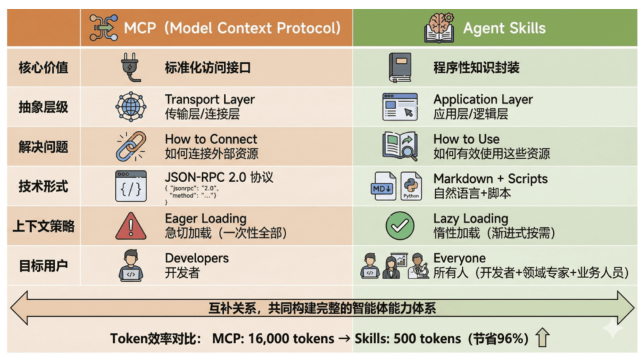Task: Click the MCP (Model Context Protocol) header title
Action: coord(232,28)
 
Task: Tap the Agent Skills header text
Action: coord(504,28)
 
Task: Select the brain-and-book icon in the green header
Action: coord(439,28)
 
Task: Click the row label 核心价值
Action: coord(43,68)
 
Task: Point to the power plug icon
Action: coord(131,67)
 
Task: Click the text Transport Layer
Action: coord(210,100)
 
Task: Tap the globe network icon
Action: coord(131,106)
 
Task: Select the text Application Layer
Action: coord(483,100)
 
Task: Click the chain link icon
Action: coord(131,146)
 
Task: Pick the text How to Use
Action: coord(466,139)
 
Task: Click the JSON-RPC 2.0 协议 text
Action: coord(219,177)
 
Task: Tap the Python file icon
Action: coord(411,186)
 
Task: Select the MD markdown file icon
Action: coord(383,186)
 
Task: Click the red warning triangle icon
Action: coord(131,226)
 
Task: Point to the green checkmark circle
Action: coord(400,225)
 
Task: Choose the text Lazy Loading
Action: coord(471,219)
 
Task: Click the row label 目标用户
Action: coord(43,266)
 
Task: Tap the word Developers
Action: coord(197,258)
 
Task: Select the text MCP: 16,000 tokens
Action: coord(273,339)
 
